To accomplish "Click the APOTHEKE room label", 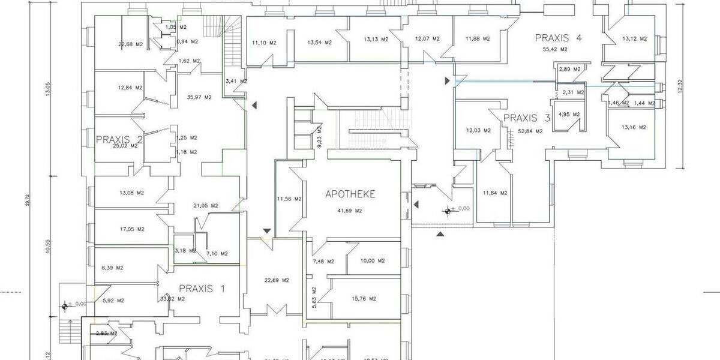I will pyautogui.click(x=350, y=194).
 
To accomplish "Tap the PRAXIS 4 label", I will pyautogui.click(x=559, y=38).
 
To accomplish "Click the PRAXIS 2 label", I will pyautogui.click(x=119, y=140).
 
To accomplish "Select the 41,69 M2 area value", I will pyautogui.click(x=350, y=211).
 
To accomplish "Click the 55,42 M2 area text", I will pyautogui.click(x=555, y=49).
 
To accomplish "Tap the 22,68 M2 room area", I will pyautogui.click(x=130, y=44).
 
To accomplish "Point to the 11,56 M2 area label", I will pyautogui.click(x=289, y=199).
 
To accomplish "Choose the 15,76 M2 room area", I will pyautogui.click(x=364, y=299).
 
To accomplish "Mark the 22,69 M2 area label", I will pyautogui.click(x=277, y=280).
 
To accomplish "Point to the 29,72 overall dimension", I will pyautogui.click(x=27, y=203).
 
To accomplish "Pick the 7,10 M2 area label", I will pyautogui.click(x=217, y=254).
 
